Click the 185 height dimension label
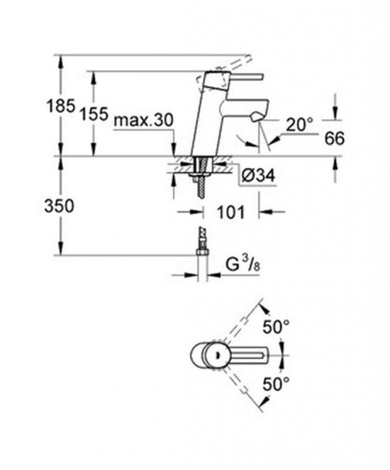[x=61, y=106]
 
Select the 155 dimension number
[x=94, y=114]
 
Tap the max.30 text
[x=144, y=121]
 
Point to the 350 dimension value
[x=59, y=207]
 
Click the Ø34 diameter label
[x=258, y=176]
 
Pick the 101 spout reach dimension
[x=231, y=212]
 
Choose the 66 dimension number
[x=334, y=139]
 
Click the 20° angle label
[x=300, y=125]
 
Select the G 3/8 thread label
[x=242, y=265]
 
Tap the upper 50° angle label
[x=276, y=327]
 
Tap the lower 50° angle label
[x=276, y=384]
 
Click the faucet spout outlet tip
[x=256, y=117]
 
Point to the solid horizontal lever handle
[x=243, y=77]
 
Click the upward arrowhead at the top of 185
[x=61, y=62]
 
